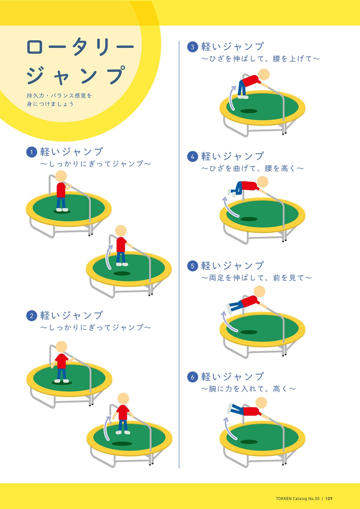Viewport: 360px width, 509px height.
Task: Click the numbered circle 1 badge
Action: tap(31, 152)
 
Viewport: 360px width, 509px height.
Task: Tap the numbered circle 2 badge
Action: tap(31, 316)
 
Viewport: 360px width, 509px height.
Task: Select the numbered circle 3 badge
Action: tap(193, 47)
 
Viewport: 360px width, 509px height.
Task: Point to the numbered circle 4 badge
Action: tap(193, 157)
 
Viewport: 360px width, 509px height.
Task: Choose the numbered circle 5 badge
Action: tap(193, 266)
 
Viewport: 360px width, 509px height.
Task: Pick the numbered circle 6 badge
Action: tap(193, 377)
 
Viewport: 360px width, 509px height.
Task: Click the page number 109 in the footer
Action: tap(328, 499)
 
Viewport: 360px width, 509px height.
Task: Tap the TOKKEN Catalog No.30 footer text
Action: tap(298, 499)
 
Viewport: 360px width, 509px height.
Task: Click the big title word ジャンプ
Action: tap(76, 75)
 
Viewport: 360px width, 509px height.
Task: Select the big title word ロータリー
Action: tap(80, 47)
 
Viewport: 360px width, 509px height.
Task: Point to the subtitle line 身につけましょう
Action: tap(50, 104)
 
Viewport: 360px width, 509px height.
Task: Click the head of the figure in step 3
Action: tap(264, 74)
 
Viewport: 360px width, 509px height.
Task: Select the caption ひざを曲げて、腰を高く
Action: tap(252, 168)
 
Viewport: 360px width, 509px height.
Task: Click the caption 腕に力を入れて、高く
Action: tap(248, 389)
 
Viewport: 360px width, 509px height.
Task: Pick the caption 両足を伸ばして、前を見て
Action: tap(256, 278)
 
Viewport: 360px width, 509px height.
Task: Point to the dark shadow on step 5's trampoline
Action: tap(249, 332)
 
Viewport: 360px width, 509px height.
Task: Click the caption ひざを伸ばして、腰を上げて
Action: tap(260, 58)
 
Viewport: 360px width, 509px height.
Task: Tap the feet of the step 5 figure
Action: tap(229, 309)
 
